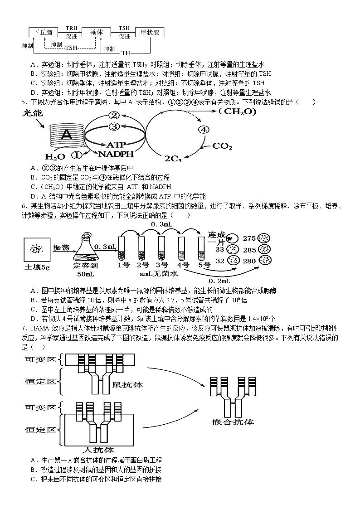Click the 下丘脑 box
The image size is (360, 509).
[x=43, y=33]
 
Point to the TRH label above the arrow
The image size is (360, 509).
[x=72, y=28]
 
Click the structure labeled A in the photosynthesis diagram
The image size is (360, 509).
[x=67, y=135]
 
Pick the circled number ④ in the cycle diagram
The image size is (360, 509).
[x=204, y=129]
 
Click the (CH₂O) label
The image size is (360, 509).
[x=237, y=111]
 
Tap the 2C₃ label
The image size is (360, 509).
[x=173, y=158]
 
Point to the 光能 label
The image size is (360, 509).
[x=33, y=113]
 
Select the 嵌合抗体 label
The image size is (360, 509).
[x=233, y=422]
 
